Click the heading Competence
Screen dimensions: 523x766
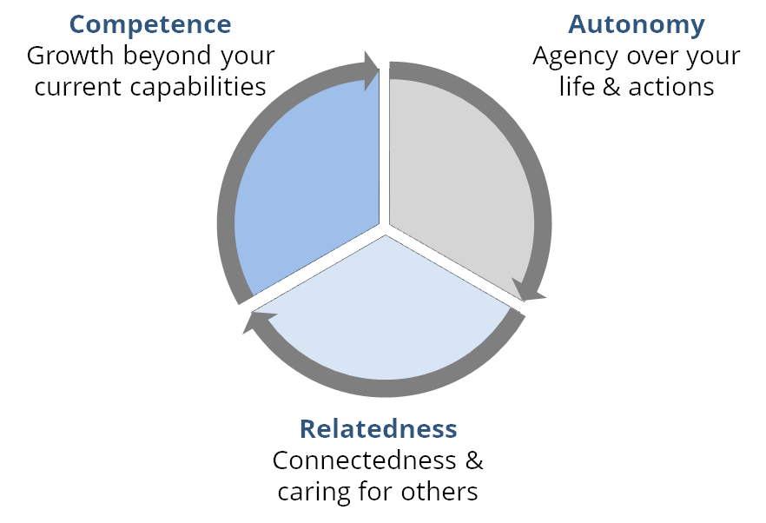150,24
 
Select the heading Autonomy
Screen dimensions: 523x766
636,24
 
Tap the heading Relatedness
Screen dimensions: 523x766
378,428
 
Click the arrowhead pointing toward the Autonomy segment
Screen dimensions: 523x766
371,70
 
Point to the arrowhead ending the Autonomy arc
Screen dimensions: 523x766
528,290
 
